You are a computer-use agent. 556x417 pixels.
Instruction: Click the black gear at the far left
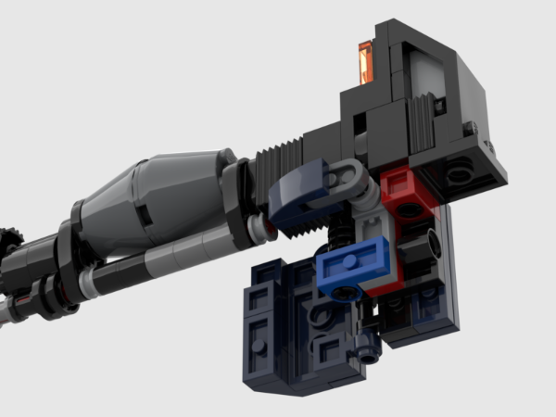click(x=7, y=243)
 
